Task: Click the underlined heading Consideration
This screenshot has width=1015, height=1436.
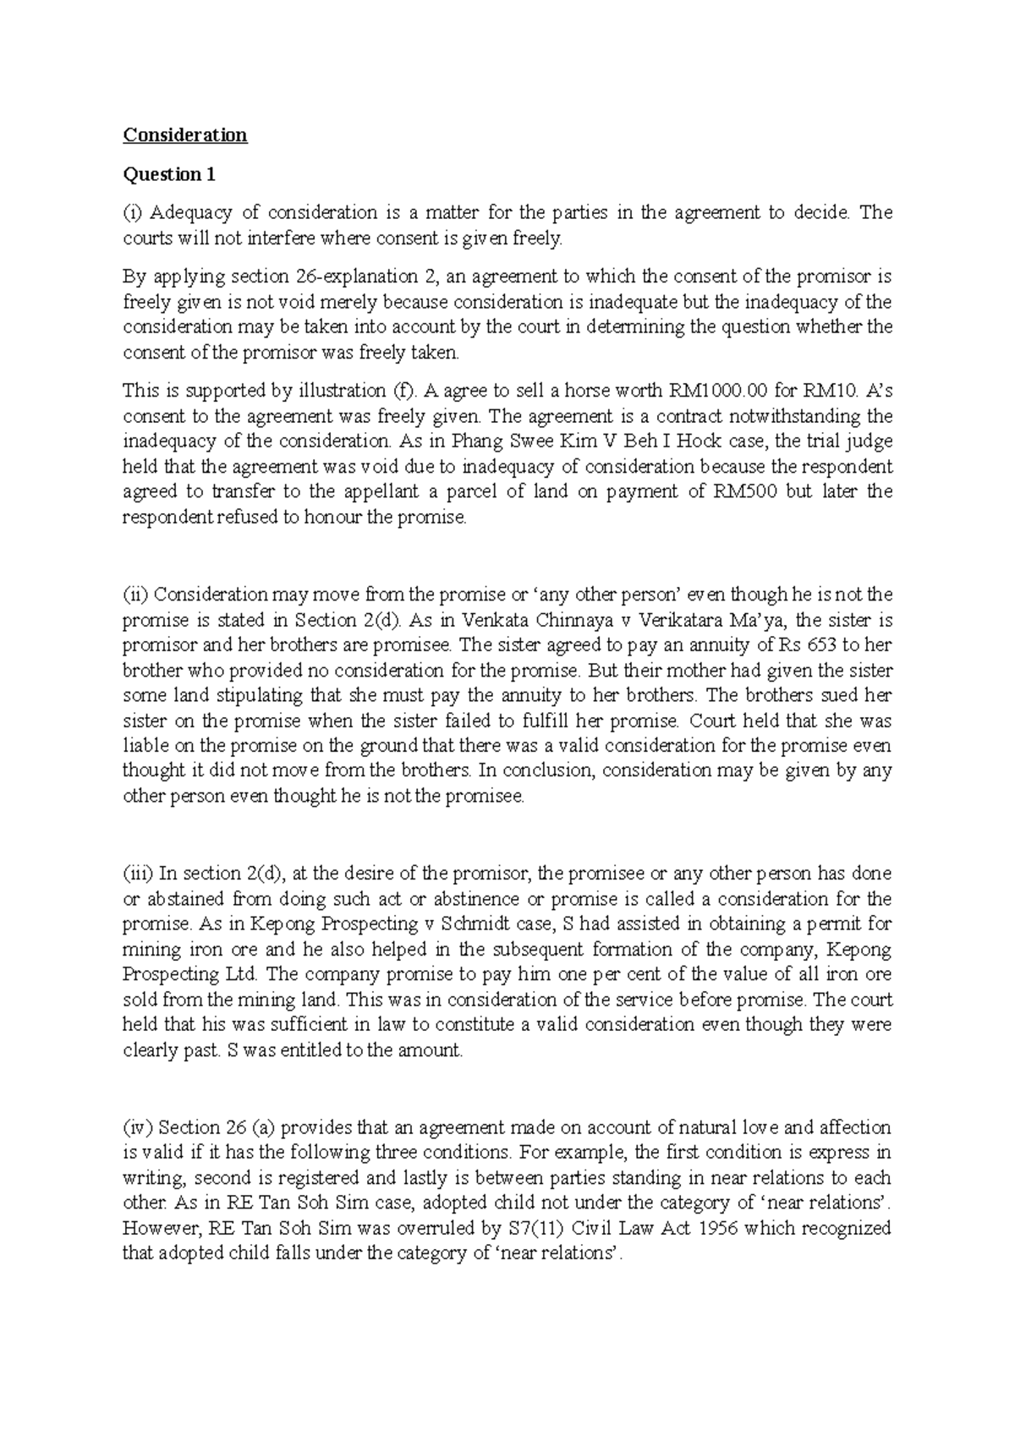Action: tap(184, 135)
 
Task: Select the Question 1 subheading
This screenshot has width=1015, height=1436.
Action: tap(169, 174)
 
